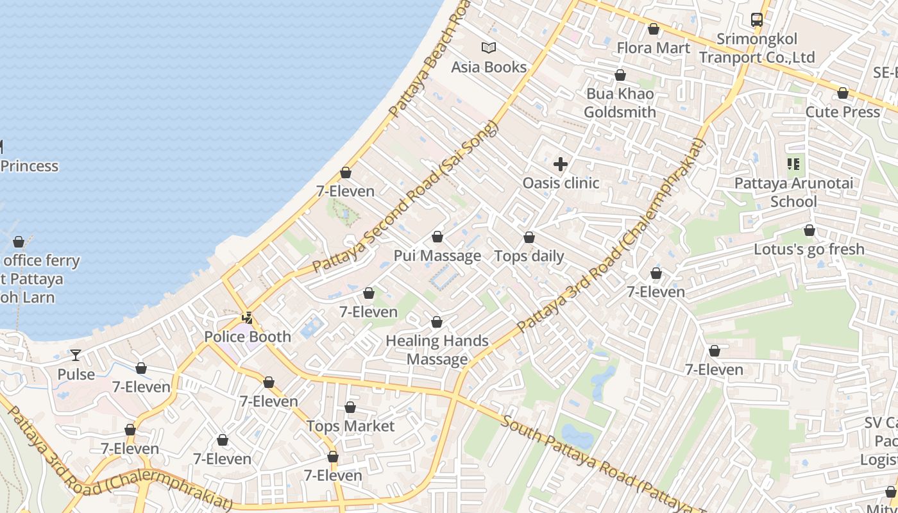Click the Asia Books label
[489, 67]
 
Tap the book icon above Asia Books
[489, 47]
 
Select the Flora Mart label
[653, 48]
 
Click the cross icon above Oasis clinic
[561, 164]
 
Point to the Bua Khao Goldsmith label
[620, 103]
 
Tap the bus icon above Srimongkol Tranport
[757, 20]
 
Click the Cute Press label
[843, 112]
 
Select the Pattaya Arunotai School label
[793, 192]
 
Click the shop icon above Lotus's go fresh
[809, 230]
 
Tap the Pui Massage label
[437, 256]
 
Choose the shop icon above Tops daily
[529, 238]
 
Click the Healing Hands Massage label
[437, 349]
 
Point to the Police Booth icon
[247, 317]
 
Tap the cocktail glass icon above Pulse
[76, 355]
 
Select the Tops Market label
[350, 426]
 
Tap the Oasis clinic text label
[561, 183]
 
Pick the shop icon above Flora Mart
[653, 29]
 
